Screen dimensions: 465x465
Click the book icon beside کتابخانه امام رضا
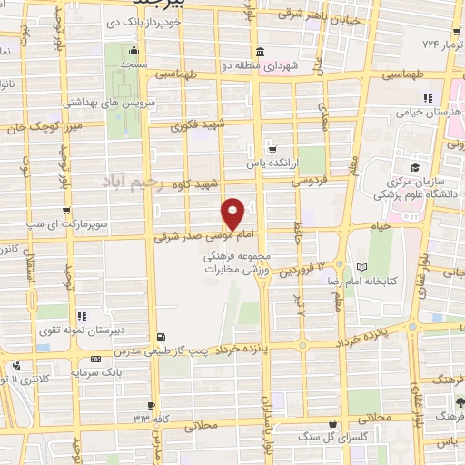(363, 266)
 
